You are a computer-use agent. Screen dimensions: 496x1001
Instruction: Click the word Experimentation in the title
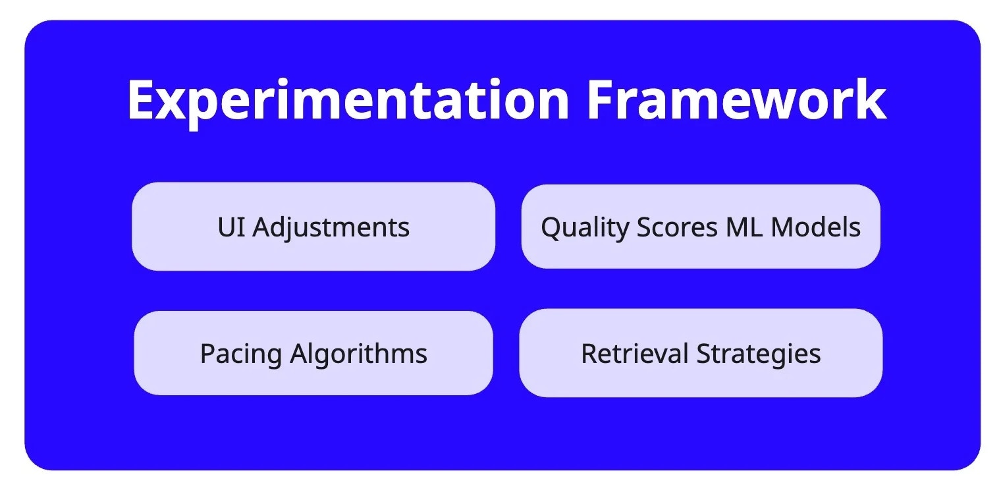coord(348,99)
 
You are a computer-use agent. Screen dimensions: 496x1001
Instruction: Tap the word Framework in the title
coord(736,99)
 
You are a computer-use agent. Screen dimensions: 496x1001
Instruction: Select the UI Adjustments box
coord(313,227)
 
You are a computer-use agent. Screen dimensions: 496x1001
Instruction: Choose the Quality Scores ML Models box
coord(701,227)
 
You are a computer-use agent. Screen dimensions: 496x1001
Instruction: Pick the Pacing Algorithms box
coord(313,353)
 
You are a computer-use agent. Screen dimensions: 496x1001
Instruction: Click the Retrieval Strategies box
coord(701,353)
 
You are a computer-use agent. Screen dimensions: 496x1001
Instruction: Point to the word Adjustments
coord(331,227)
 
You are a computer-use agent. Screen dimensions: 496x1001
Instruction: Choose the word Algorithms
coord(359,354)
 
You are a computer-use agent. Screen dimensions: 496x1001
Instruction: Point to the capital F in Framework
coord(600,99)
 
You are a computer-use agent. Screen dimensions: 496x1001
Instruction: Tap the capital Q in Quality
coord(551,228)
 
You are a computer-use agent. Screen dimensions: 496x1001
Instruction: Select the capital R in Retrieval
coord(589,354)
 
